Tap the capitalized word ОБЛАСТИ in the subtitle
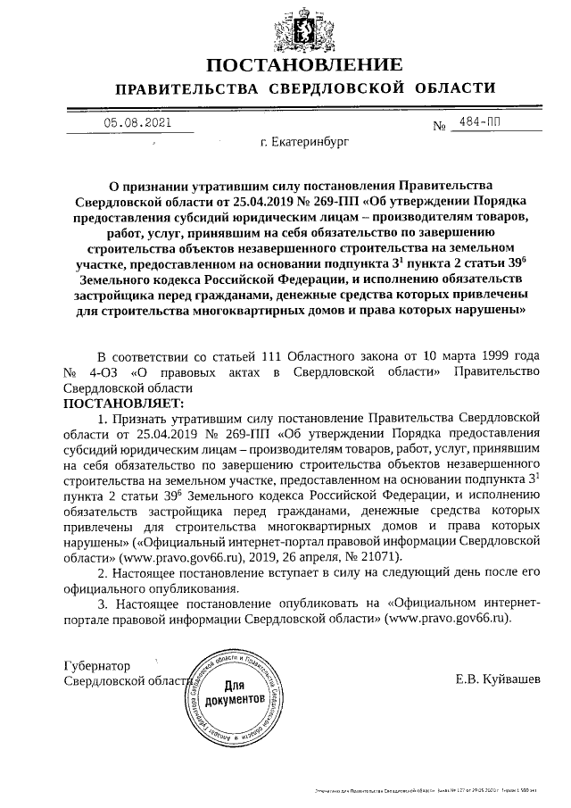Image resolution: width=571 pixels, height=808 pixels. tap(454, 88)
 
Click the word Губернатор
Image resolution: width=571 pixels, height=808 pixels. tap(96, 665)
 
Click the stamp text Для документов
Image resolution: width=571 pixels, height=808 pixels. tap(235, 693)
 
